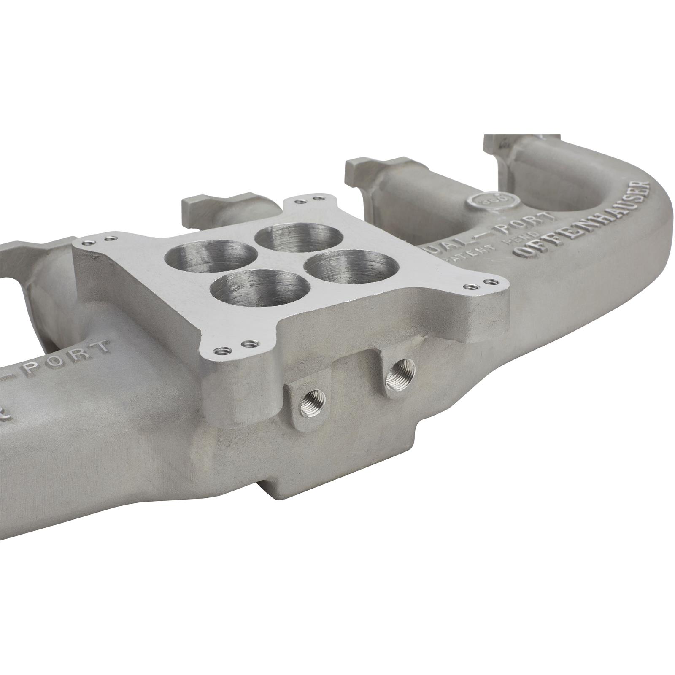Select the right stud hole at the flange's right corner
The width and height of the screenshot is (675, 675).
tap(489, 280)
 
